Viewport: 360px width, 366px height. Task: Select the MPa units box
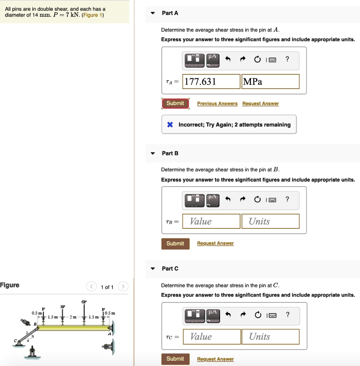270,82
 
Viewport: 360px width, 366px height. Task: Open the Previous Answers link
217,104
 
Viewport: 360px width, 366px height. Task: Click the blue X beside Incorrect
170,125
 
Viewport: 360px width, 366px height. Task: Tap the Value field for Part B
211,221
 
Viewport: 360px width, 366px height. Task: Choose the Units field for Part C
271,337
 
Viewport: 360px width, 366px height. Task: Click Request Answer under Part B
215,243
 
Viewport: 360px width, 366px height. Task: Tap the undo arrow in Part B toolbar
228,200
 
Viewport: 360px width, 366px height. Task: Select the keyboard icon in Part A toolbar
272,60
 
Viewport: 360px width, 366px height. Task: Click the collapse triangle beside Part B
153,153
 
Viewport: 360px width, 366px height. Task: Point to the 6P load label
84,302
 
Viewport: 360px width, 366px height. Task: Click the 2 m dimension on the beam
73,317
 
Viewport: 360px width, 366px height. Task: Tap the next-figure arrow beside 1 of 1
123,287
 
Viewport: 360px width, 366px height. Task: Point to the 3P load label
63,307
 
